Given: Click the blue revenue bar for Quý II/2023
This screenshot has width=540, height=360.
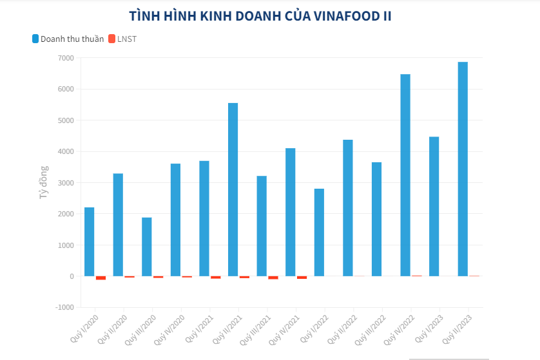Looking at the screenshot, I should click(x=463, y=169).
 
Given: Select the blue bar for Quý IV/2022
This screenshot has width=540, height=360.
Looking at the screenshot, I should click(x=405, y=175).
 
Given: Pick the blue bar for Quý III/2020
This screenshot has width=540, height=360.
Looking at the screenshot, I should click(x=147, y=247).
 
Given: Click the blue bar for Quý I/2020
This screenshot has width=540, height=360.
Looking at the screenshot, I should click(x=89, y=242).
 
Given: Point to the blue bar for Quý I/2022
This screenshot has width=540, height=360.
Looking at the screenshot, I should click(x=319, y=232).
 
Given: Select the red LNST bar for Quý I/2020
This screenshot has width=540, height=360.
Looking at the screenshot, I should click(x=101, y=278).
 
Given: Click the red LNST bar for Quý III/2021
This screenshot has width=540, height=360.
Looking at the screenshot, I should click(x=273, y=278).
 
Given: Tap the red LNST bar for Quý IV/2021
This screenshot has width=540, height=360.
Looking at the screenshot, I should click(x=302, y=278).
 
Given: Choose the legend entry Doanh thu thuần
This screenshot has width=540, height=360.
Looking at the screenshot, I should click(x=68, y=39).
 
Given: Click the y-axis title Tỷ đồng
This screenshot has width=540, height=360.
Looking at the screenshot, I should click(x=44, y=182).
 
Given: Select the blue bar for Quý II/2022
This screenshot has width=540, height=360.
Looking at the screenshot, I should click(x=348, y=207).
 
